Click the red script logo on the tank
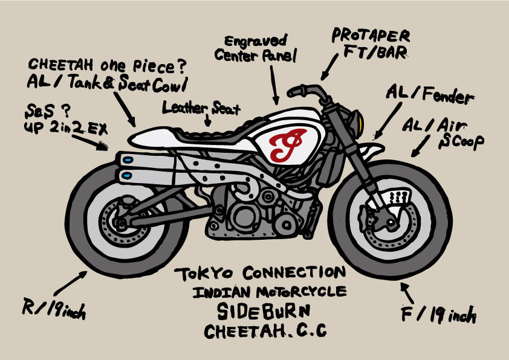pyautogui.click(x=287, y=144)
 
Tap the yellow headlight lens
pyautogui.click(x=360, y=120)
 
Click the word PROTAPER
pyautogui.click(x=371, y=36)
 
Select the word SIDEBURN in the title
pyautogui.click(x=263, y=311)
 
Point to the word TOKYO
pyautogui.click(x=204, y=274)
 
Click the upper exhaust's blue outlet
pyautogui.click(x=128, y=160)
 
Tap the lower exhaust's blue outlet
pyautogui.click(x=127, y=175)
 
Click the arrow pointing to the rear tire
pyautogui.click(x=70, y=283)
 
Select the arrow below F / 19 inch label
pyautogui.click(x=407, y=293)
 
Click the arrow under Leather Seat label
pyautogui.click(x=208, y=120)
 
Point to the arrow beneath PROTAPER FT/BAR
pyautogui.click(x=329, y=67)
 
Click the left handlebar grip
pyautogui.click(x=296, y=91)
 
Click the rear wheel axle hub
pyautogui.click(x=121, y=223)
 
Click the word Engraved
pyautogui.click(x=256, y=41)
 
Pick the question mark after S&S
pyautogui.click(x=66, y=111)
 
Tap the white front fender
pyautogui.click(x=372, y=151)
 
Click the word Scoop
pyautogui.click(x=461, y=142)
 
